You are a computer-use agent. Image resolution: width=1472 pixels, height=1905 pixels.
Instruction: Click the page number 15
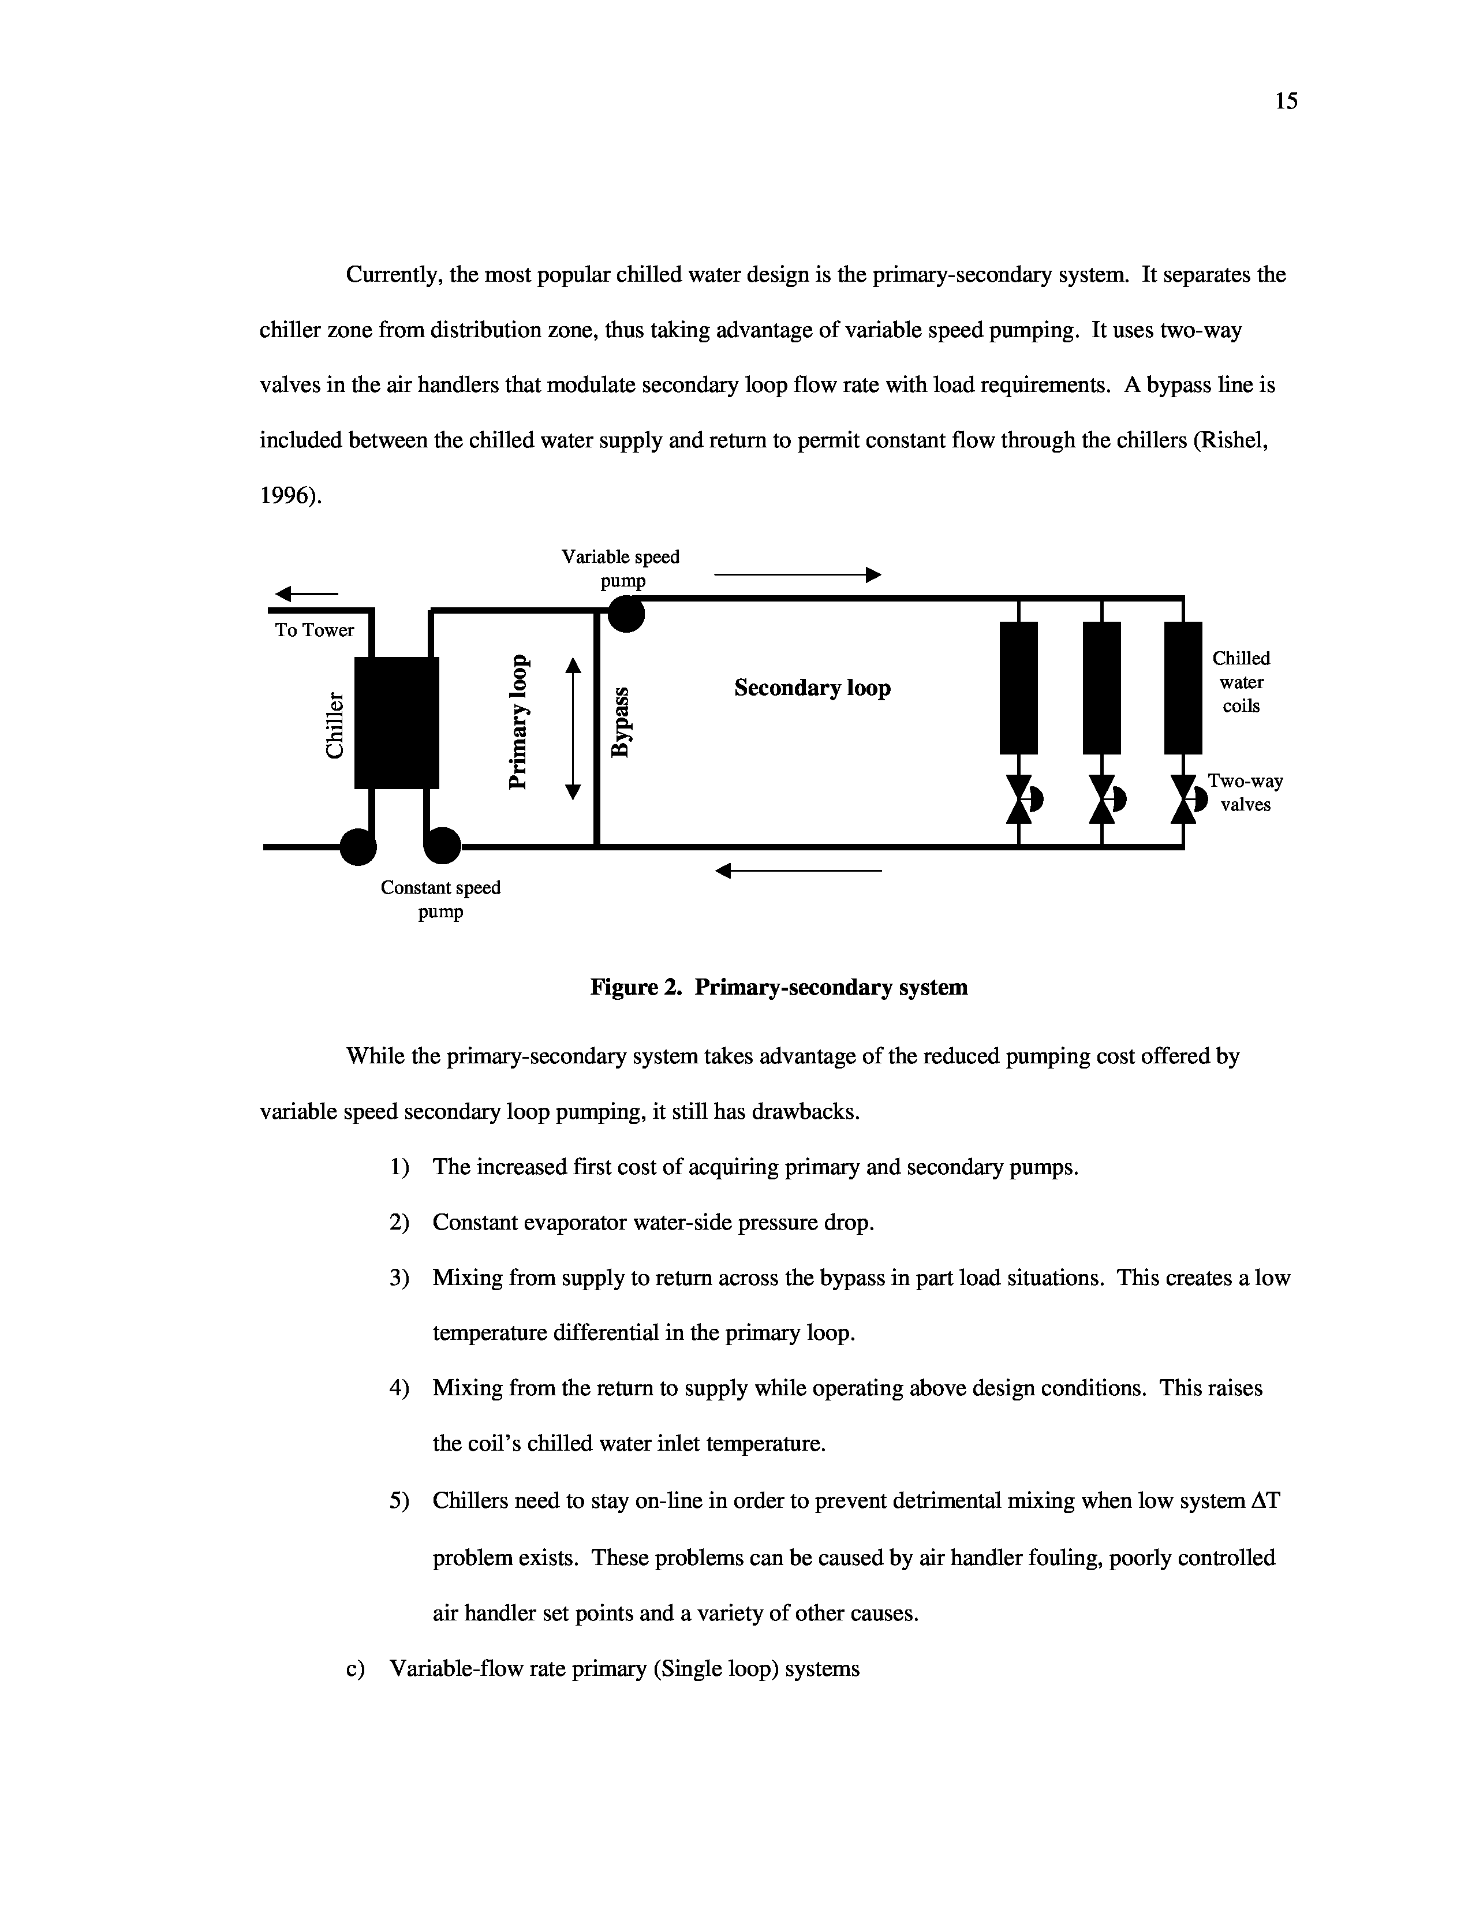coord(1286,101)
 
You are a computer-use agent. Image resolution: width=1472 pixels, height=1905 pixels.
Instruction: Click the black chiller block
coord(397,722)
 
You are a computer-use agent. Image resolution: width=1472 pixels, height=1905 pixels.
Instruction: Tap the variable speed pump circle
coord(626,614)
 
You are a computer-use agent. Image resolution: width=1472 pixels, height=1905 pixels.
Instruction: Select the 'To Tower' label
coord(315,630)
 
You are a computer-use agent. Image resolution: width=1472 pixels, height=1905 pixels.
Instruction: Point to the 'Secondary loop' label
coord(812,688)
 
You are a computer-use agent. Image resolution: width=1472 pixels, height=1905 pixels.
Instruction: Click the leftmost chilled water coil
coord(1018,688)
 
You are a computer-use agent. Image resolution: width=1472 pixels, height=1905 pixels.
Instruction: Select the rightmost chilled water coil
coord(1183,688)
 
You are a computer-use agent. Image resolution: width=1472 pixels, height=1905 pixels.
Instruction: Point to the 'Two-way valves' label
coord(1245,792)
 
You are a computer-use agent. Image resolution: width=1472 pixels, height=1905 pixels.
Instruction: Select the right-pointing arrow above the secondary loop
coord(798,575)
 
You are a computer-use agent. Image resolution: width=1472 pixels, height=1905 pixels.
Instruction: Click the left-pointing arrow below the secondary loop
coord(798,871)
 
